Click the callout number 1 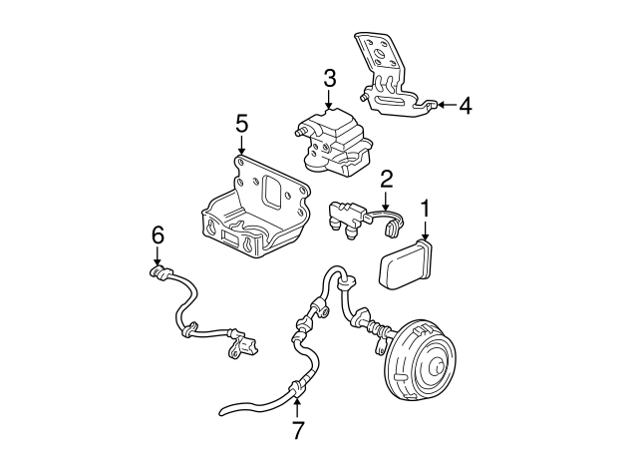426,210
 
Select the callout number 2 386,179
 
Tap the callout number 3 329,78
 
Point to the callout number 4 465,104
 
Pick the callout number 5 240,124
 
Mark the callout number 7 295,430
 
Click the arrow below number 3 329,101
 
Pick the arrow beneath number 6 157,259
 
